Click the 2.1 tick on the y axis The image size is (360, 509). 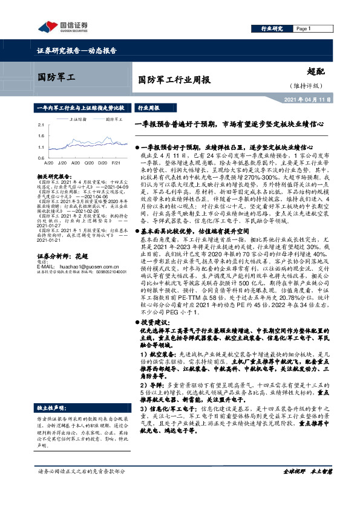tap(41, 125)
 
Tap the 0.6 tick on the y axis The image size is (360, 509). tap(41, 157)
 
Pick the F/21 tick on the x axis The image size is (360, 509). tap(115, 163)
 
